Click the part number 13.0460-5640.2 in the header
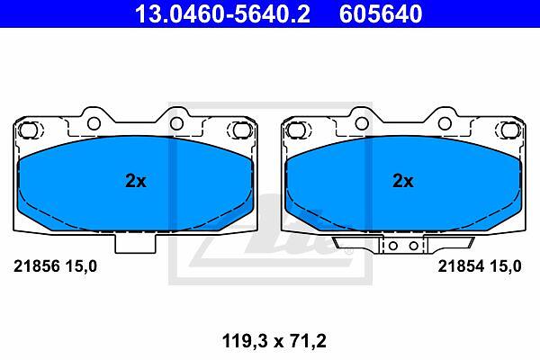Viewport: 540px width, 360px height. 222,13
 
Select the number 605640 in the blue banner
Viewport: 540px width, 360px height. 381,13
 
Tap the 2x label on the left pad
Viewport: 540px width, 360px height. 136,181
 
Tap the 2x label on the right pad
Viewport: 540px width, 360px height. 403,181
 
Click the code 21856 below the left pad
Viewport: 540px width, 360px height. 37,266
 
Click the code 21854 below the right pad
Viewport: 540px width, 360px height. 461,266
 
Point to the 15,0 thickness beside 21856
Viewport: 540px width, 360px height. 81,266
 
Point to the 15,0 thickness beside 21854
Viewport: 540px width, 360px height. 505,266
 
